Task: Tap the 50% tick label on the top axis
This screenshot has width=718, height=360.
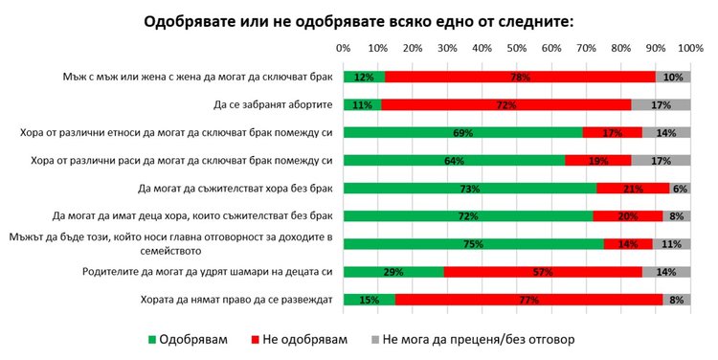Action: click(516, 47)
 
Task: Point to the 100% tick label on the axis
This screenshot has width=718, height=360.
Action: click(689, 47)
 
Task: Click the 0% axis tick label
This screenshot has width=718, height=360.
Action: click(343, 47)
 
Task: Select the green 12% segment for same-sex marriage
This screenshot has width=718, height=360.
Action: click(364, 77)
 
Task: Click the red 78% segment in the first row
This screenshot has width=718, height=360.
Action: click(520, 77)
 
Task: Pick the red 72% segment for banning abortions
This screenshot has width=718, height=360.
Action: click(505, 104)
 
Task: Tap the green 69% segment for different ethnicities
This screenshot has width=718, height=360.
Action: click(462, 132)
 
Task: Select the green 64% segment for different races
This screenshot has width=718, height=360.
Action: click(454, 160)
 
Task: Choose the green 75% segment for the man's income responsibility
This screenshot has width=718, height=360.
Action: click(473, 244)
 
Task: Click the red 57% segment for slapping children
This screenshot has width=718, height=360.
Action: click(543, 272)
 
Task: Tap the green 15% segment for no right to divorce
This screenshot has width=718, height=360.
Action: click(369, 300)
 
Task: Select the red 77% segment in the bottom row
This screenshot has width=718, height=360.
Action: click(528, 300)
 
